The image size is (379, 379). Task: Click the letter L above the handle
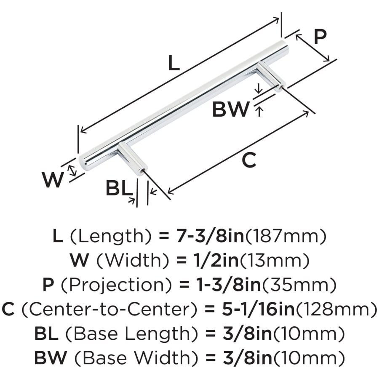174,63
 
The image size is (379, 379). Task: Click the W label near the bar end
53,180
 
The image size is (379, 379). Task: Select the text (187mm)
286,237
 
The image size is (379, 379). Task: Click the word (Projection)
118,286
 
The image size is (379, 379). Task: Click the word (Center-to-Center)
109,310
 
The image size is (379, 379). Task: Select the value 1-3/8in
223,286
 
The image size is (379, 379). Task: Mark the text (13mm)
274,261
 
